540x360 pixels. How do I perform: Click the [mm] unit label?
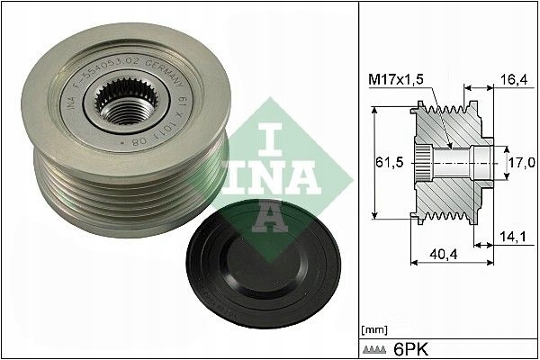pyautogui.click(x=372, y=329)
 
